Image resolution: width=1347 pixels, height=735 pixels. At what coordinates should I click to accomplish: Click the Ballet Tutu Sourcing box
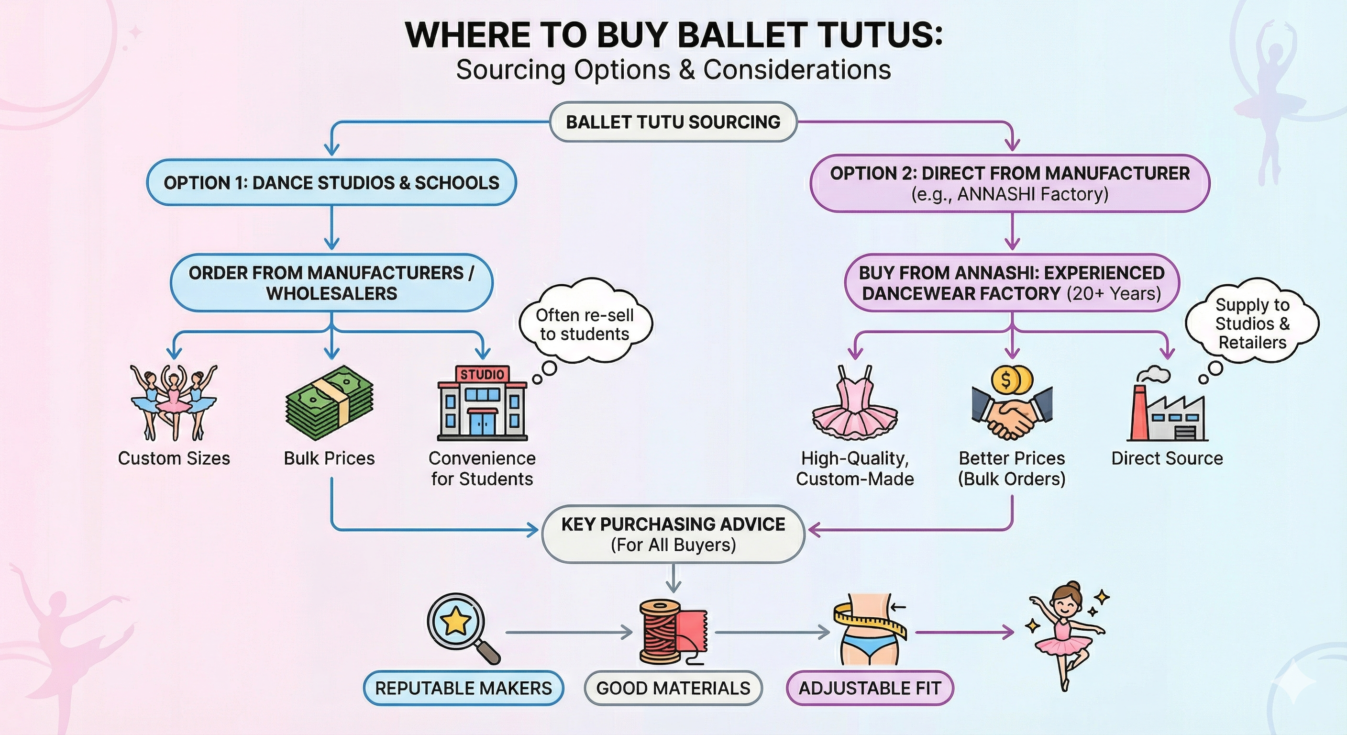pyautogui.click(x=673, y=122)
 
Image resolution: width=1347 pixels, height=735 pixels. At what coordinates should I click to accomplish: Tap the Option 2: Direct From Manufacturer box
pyautogui.click(x=1010, y=183)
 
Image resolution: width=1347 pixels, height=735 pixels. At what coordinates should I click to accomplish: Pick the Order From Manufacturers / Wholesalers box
pyautogui.click(x=331, y=283)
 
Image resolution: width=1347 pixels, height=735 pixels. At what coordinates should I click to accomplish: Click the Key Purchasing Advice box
pyautogui.click(x=673, y=534)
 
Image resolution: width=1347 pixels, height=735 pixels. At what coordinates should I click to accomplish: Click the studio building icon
pyautogui.click(x=482, y=403)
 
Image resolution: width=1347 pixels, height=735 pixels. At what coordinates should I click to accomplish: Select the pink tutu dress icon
pyautogui.click(x=855, y=403)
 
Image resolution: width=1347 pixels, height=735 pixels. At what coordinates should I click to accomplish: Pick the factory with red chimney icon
pyautogui.click(x=1167, y=404)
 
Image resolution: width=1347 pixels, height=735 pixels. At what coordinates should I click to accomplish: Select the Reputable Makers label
pyautogui.click(x=464, y=688)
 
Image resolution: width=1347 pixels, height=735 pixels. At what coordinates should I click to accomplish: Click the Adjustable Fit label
pyautogui.click(x=870, y=688)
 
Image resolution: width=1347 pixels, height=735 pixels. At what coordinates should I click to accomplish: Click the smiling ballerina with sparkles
pyautogui.click(x=1067, y=635)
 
